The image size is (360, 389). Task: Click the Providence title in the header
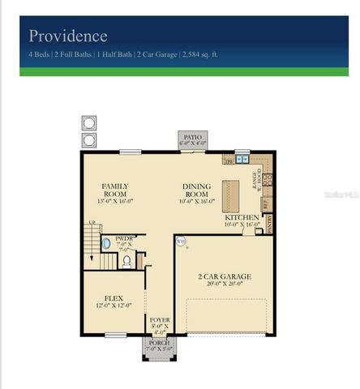click(68, 36)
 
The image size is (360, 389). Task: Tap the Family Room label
click(114, 190)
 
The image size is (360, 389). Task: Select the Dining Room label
click(196, 190)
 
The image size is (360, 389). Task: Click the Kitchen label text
click(242, 218)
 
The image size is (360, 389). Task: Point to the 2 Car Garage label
click(225, 276)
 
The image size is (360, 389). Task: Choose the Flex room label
click(114, 301)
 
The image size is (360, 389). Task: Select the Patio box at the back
click(192, 140)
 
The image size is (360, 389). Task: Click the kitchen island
click(231, 195)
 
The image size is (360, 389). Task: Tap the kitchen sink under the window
click(242, 160)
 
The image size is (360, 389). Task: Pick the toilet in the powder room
click(126, 262)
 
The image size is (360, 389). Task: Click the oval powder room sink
click(106, 243)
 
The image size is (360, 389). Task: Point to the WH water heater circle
click(181, 241)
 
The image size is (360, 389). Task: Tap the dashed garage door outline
click(226, 315)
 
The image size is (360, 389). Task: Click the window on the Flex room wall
click(115, 335)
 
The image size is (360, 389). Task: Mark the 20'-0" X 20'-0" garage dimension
click(225, 285)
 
